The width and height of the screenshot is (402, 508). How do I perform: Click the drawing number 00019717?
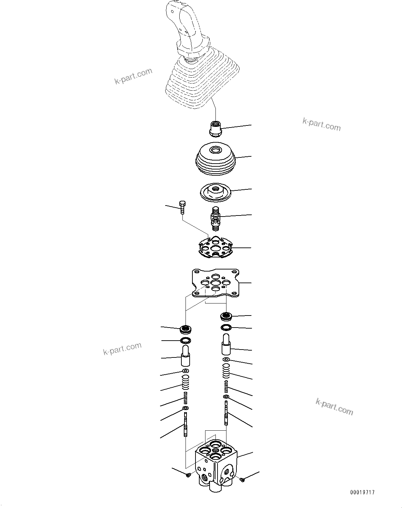click(x=362, y=493)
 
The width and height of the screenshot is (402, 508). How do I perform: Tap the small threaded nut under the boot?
click(x=215, y=129)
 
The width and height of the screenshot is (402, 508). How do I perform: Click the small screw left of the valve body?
click(x=188, y=475)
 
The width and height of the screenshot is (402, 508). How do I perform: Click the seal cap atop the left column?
click(x=186, y=329)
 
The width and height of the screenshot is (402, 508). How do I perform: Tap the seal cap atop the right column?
click(x=226, y=315)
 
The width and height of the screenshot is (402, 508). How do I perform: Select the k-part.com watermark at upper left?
click(x=133, y=76)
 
